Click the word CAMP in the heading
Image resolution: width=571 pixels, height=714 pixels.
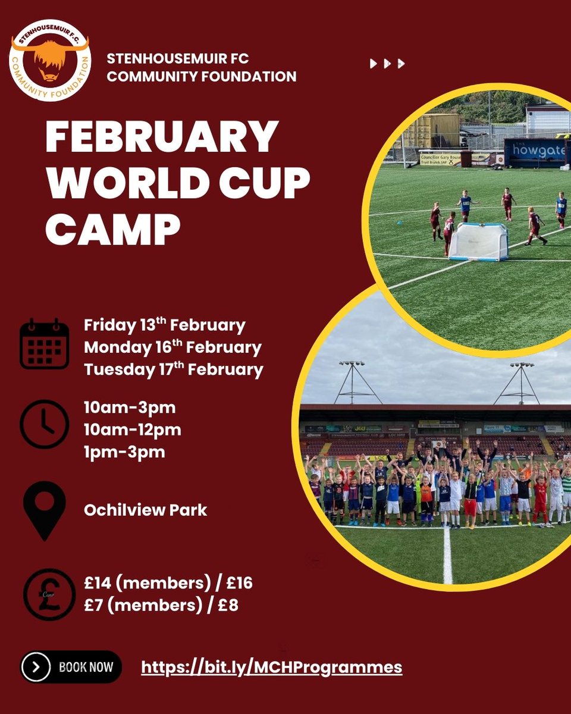point(113,227)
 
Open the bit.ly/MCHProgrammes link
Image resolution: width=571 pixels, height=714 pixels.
point(272,667)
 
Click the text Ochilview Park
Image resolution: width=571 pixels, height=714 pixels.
point(146,510)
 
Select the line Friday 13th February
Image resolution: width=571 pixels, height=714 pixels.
point(165,325)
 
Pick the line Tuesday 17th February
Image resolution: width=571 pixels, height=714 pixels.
point(173,369)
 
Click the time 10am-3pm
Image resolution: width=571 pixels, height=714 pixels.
point(130,408)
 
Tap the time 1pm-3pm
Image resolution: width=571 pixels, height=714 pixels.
point(124,452)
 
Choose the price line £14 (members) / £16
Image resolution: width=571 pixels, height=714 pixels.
point(168,583)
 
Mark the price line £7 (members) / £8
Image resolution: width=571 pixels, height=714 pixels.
point(161,606)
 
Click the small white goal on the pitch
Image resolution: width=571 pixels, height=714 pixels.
point(478,242)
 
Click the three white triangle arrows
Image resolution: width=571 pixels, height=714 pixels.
point(387,63)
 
